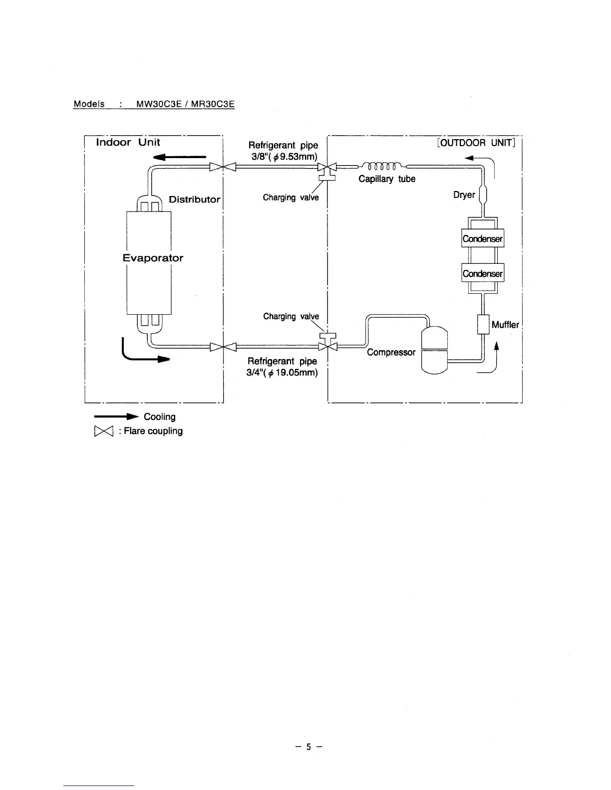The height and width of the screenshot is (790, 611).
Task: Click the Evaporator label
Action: [153, 258]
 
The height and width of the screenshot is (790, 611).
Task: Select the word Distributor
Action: [194, 199]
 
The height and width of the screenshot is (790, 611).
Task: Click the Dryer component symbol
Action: [483, 195]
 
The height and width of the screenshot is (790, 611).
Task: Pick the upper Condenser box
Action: [483, 238]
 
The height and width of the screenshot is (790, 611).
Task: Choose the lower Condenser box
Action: [483, 273]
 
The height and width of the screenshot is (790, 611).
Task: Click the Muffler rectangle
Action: [483, 324]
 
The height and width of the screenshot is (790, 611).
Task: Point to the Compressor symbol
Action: [435, 349]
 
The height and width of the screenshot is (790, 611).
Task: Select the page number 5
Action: [308, 747]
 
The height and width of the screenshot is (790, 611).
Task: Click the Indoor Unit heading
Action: [128, 143]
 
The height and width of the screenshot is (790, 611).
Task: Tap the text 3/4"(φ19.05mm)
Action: [283, 372]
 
